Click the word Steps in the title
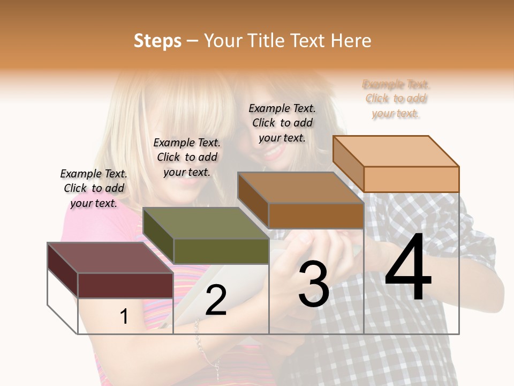pos(157,41)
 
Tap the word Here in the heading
pos(351,41)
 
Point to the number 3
pos(314,285)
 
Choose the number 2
pos(216,300)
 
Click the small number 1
pos(124,317)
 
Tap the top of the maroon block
pos(110,258)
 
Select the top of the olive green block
pos(205,223)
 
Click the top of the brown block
pos(300,188)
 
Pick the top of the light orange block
pos(396,151)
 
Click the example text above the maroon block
pos(94,188)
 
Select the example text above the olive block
pos(187,157)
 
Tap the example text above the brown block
pos(282,123)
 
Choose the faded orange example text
pos(396,99)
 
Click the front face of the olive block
pos(221,251)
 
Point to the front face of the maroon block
pos(125,285)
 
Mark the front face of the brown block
pos(316,216)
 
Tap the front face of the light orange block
pos(411,179)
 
